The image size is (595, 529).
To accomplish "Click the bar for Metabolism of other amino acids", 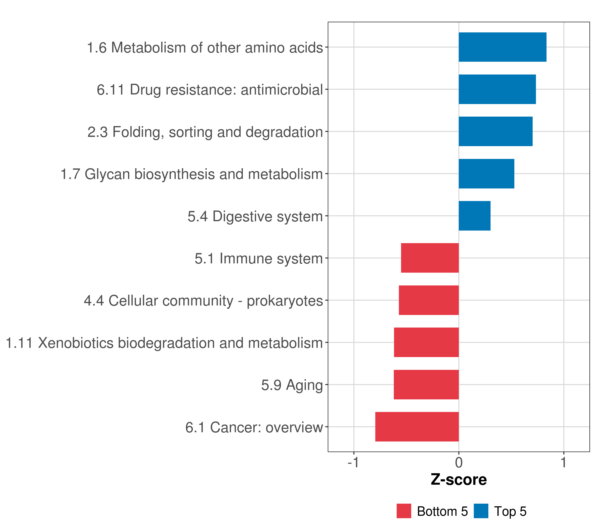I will [502, 47].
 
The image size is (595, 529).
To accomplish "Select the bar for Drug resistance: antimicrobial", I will [497, 89].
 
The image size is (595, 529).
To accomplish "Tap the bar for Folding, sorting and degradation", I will [495, 131].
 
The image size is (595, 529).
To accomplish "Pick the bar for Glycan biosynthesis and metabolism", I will [486, 174].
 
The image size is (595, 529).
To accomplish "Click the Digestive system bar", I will [474, 216].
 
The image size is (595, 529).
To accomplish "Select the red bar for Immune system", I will [430, 258].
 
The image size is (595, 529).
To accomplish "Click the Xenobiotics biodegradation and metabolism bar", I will [426, 342].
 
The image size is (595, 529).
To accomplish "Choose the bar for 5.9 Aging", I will [426, 385].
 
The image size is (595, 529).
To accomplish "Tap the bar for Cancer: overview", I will [417, 427].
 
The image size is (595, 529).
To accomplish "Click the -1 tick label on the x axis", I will [353, 462].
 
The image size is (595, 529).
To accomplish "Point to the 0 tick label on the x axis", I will [459, 462].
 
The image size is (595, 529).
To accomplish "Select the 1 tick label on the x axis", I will [563, 462].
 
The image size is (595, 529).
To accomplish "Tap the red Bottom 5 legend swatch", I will [404, 511].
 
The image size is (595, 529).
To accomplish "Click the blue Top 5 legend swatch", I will [481, 511].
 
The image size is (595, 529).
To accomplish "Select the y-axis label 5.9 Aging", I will [292, 385].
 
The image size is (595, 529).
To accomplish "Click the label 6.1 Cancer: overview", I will [254, 427].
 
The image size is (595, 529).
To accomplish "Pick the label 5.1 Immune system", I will [259, 259].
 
